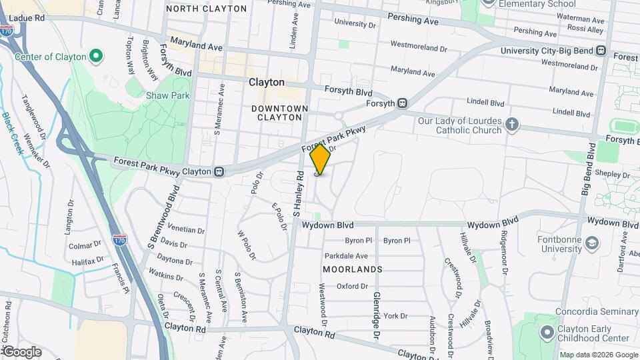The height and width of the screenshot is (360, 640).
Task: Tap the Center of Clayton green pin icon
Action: pos(95,55)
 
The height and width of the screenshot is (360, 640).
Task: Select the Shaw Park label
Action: pos(168,95)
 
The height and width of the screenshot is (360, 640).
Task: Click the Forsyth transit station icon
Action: pos(402,103)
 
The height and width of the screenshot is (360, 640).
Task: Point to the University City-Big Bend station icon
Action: pos(601,51)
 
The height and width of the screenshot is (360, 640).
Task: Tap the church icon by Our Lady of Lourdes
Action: pos(511,125)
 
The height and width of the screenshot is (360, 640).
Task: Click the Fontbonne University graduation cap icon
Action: pos(591,243)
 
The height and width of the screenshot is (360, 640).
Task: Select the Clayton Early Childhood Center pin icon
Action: pos(547,331)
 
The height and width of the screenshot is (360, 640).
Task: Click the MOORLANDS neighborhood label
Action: pos(353,269)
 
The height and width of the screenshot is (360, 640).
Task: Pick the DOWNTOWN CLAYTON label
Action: pos(280,113)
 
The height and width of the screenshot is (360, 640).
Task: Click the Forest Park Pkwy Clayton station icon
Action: pos(219,171)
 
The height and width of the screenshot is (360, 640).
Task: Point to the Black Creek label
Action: pos(13,133)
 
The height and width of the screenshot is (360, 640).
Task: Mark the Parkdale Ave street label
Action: pos(346,256)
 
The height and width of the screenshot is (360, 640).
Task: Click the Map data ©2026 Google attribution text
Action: pos(598,355)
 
